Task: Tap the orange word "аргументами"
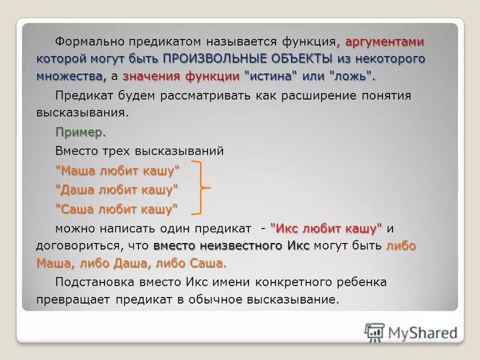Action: click(385, 43)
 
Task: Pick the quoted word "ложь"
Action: click(352, 76)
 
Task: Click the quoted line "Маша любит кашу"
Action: click(118, 171)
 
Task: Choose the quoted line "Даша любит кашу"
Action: click(117, 190)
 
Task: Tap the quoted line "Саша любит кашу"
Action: click(117, 209)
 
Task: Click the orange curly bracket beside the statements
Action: click(201, 188)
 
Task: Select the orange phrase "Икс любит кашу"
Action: click(326, 229)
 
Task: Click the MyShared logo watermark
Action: click(410, 332)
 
